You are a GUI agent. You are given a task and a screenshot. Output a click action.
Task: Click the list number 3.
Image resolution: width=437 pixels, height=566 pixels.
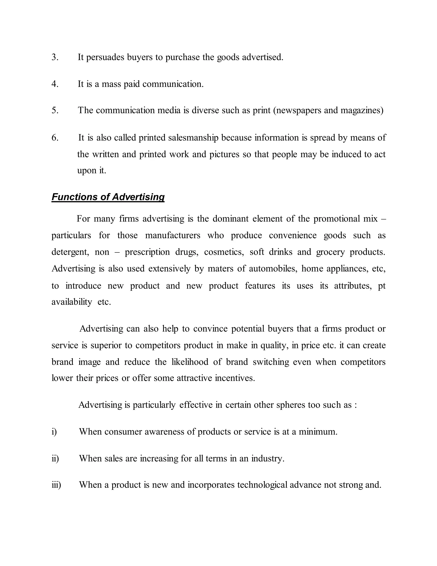[55, 57]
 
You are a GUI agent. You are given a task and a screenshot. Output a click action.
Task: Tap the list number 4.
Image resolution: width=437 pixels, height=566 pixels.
[55, 84]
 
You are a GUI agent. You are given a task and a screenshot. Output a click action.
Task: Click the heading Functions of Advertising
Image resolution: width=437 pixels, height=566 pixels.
[108, 197]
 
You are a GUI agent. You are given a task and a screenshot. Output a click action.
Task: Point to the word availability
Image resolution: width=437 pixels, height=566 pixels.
[72, 302]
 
